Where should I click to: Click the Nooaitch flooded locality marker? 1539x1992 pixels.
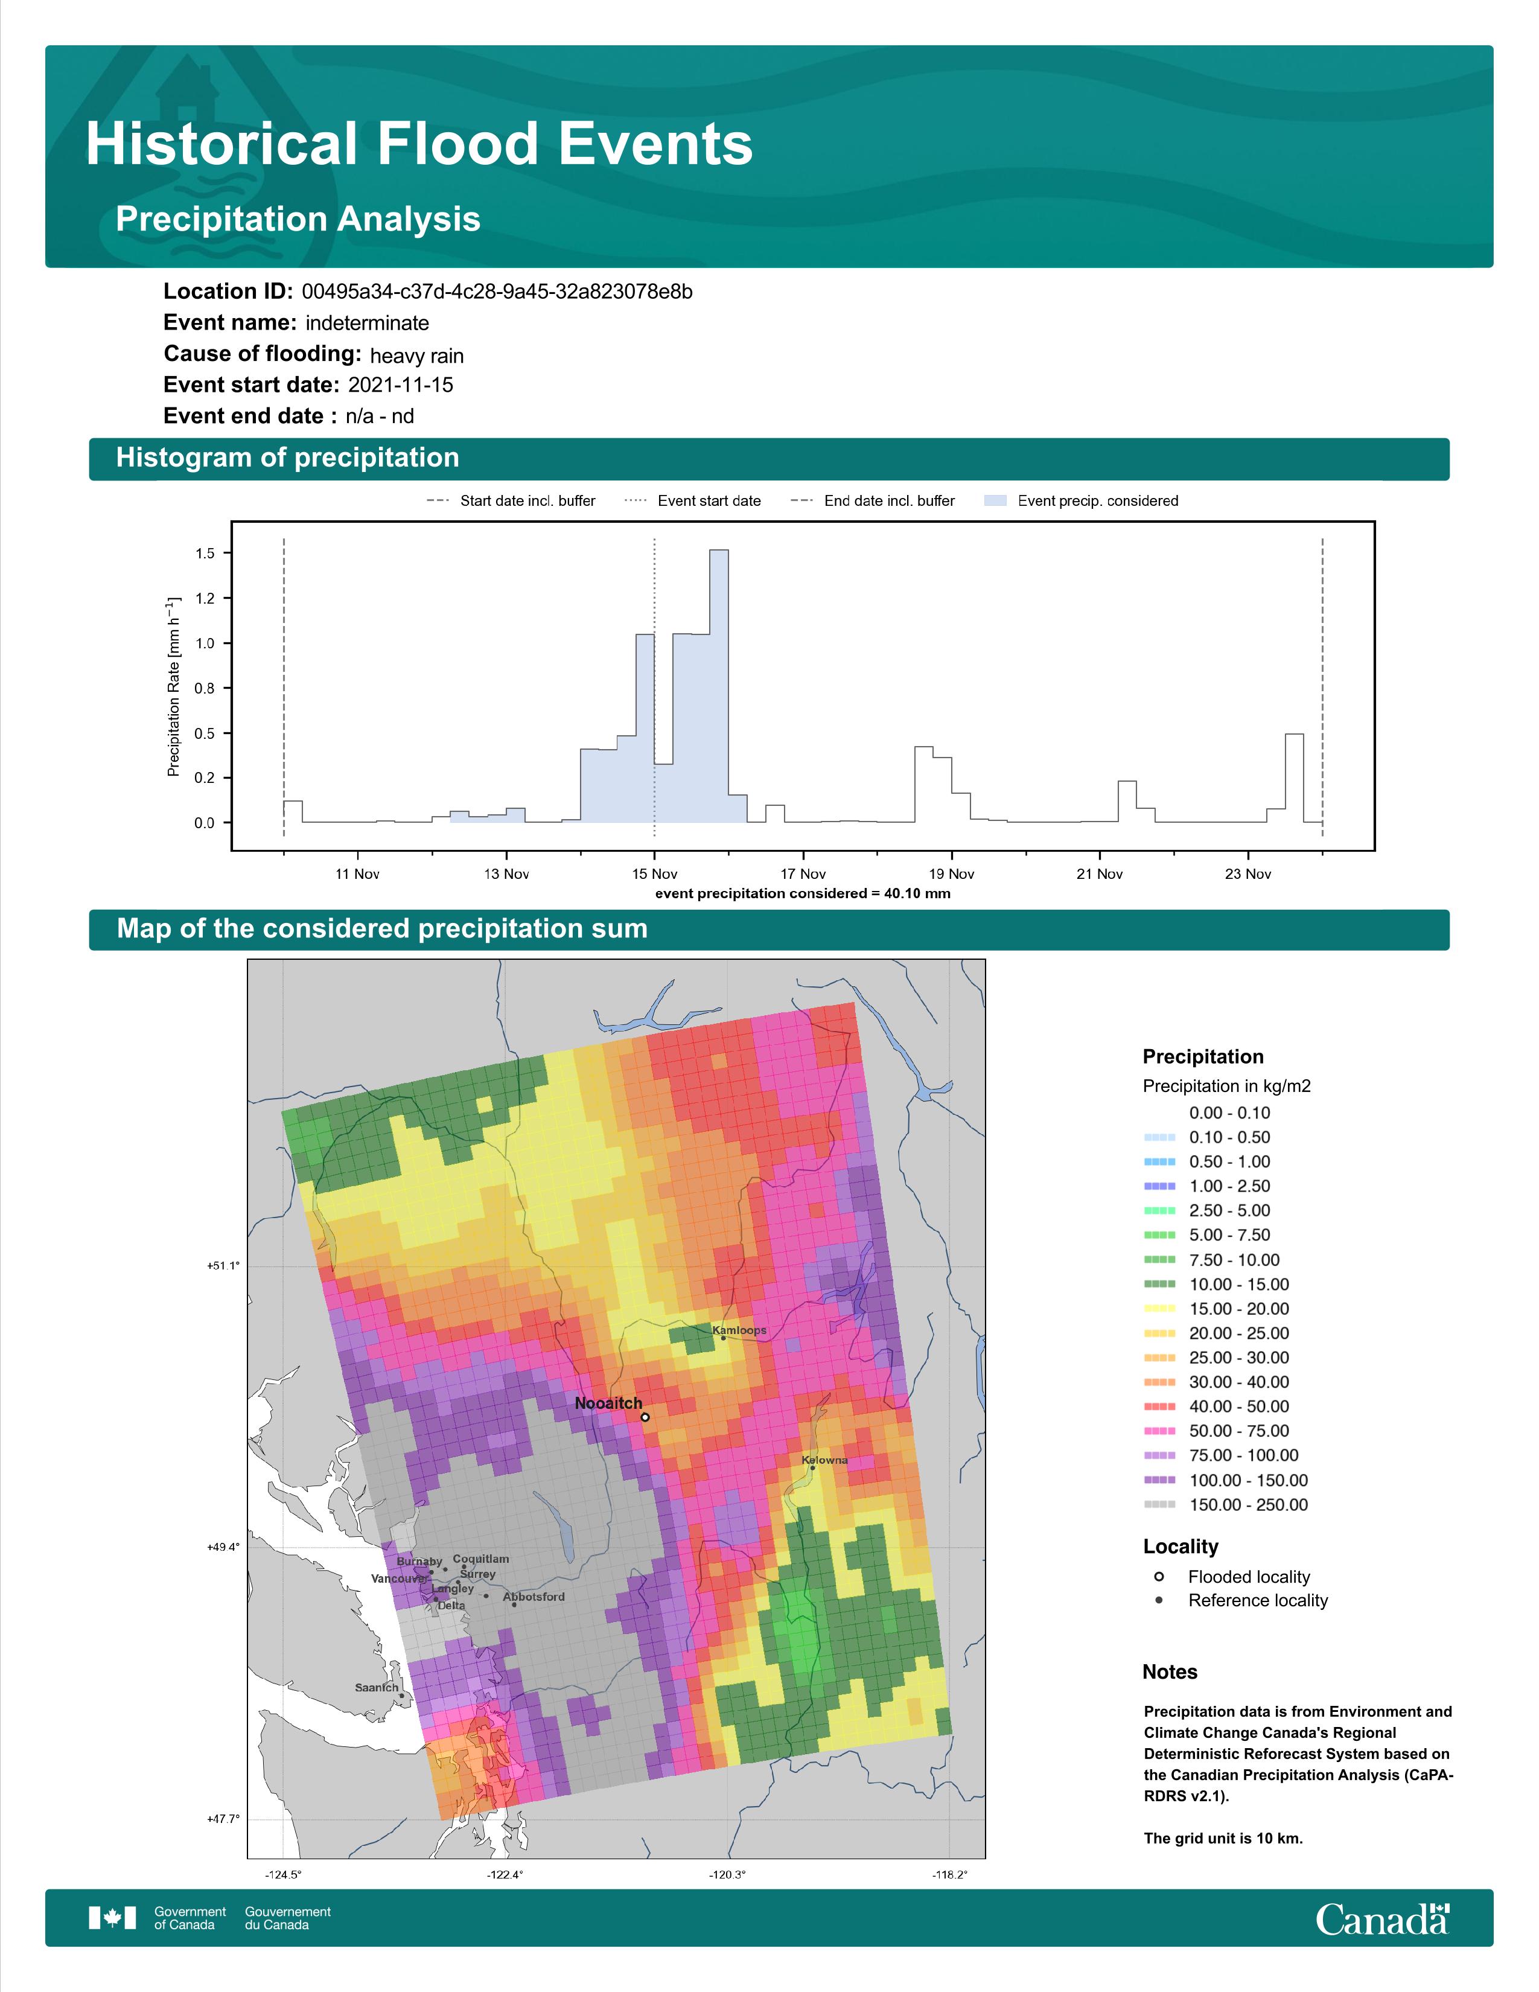pos(645,1417)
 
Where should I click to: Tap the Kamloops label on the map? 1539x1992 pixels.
pos(739,1330)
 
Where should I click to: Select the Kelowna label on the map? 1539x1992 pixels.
pos(825,1460)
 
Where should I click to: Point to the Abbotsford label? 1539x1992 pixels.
pos(534,1596)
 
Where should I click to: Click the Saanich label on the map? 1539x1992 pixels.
pos(377,1687)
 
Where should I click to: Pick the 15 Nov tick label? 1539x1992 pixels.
pos(655,874)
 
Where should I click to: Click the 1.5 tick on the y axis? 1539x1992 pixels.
pos(205,554)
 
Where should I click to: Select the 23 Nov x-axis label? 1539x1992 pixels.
pos(1248,874)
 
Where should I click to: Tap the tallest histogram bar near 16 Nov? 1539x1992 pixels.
pos(718,686)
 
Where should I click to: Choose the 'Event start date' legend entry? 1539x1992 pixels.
pos(693,501)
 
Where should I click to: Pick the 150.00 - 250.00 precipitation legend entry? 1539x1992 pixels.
pos(1226,1505)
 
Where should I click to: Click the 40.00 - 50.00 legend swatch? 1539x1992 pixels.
pos(1159,1406)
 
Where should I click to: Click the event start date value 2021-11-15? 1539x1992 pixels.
pos(400,385)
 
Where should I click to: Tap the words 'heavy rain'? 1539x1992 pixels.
pos(416,356)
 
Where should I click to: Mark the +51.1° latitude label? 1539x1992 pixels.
pos(223,1266)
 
